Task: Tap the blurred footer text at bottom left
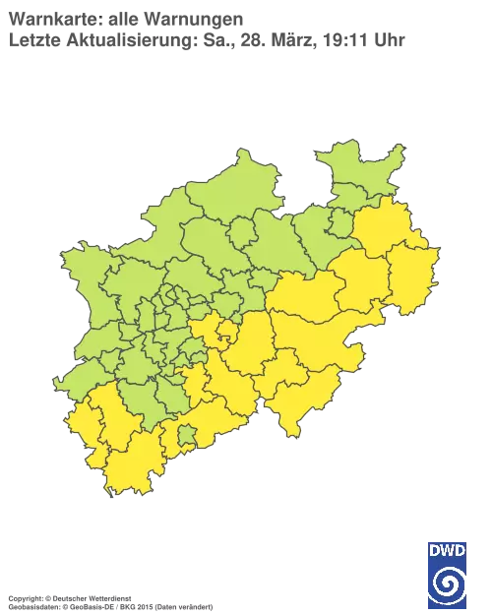click(x=108, y=598)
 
